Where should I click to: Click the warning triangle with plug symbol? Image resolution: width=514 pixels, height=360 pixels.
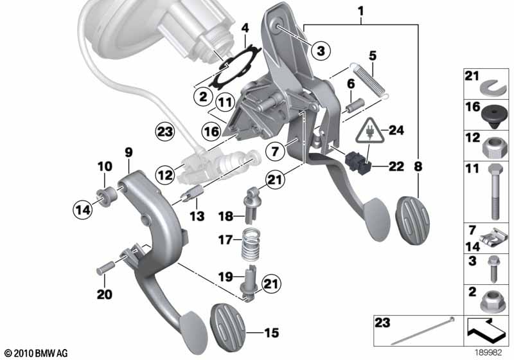click(x=370, y=131)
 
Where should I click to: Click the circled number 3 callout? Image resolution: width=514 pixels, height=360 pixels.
click(x=321, y=51)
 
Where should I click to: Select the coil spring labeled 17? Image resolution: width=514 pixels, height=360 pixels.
click(x=251, y=243)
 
